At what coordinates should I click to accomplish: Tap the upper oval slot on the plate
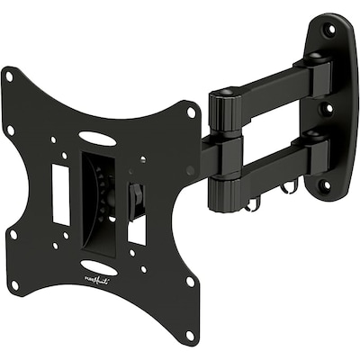tap(96, 139)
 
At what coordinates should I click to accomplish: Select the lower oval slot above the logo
tap(98, 267)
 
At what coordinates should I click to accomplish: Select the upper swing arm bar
tap(270, 86)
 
